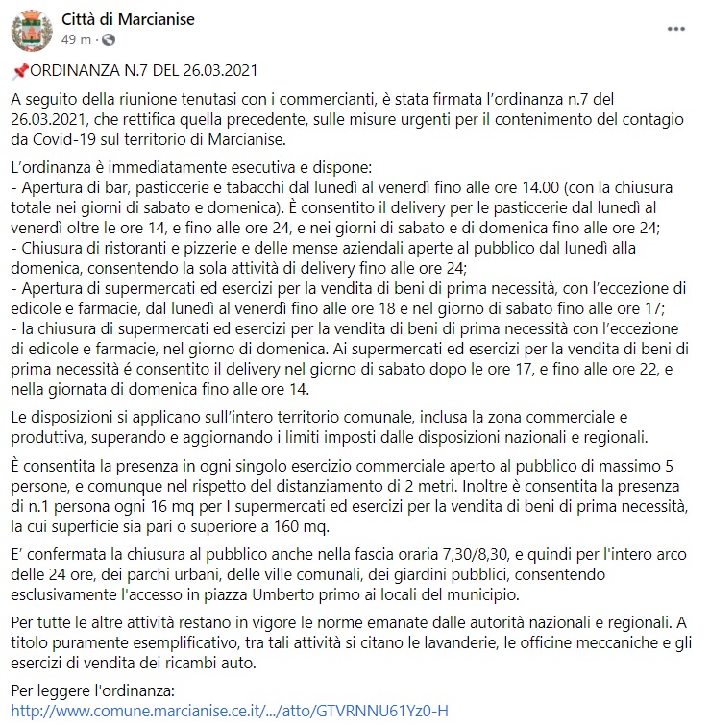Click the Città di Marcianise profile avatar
(x=31, y=29)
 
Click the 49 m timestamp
(x=76, y=39)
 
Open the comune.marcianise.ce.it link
(x=231, y=712)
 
